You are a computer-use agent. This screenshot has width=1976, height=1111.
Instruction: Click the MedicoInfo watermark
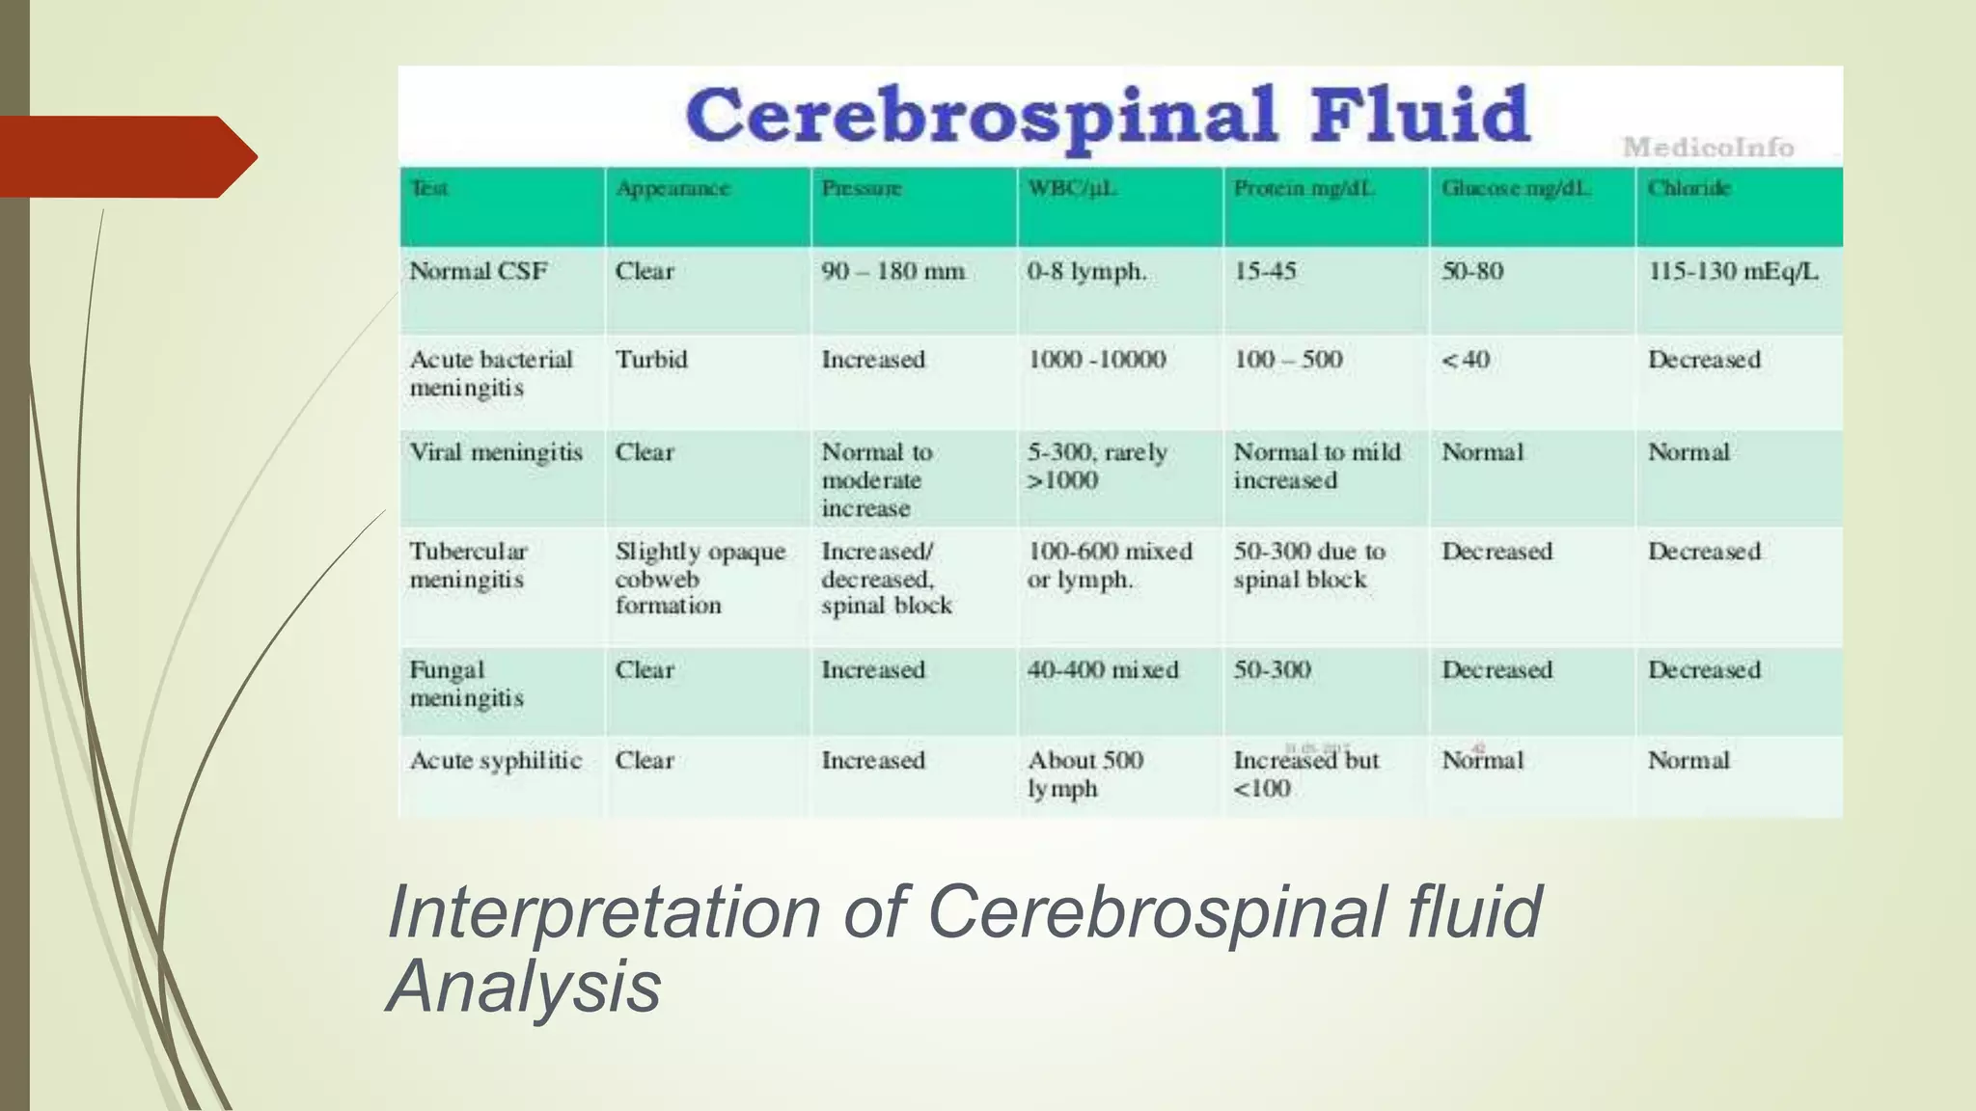[x=1708, y=148]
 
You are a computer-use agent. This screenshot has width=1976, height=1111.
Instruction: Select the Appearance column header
[x=672, y=189]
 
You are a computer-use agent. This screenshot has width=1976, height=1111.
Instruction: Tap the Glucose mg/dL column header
[x=1515, y=189]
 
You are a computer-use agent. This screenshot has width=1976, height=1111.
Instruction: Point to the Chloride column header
[x=1688, y=189]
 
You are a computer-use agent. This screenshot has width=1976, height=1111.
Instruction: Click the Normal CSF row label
[x=479, y=272]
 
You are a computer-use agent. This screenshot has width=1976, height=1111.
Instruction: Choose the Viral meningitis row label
[x=496, y=452]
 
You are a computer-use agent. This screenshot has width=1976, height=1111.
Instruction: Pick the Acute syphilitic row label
[x=496, y=761]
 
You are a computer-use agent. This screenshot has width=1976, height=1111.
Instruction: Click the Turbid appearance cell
[x=651, y=360]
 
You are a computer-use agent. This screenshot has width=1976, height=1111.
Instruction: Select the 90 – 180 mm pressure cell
[x=892, y=272]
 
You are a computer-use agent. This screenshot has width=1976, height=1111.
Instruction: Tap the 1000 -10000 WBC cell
[x=1096, y=360]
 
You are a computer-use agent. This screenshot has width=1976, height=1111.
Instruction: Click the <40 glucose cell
[x=1466, y=360]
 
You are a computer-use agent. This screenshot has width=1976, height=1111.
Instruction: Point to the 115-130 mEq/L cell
[x=1733, y=272]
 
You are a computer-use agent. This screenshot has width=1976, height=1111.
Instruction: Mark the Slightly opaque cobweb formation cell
[x=700, y=579]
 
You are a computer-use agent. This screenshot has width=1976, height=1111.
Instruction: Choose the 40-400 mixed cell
[x=1103, y=670]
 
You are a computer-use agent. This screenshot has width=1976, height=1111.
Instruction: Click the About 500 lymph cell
[x=1084, y=774]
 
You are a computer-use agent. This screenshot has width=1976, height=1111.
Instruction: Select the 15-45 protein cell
[x=1265, y=272]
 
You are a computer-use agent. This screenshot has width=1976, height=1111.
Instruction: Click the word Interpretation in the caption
[x=603, y=911]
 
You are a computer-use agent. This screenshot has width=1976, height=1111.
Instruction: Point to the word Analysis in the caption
[x=524, y=987]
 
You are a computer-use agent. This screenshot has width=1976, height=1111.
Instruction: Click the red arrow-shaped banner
[x=125, y=157]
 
